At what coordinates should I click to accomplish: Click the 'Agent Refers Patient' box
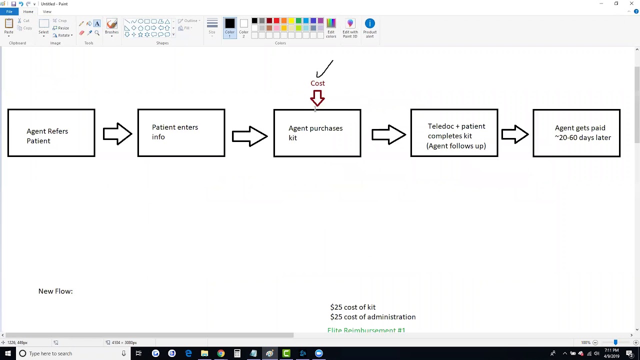(x=51, y=133)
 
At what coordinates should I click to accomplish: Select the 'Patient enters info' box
(x=181, y=133)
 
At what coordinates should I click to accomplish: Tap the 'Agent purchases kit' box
(x=317, y=133)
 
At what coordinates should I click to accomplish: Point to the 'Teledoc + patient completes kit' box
(x=454, y=133)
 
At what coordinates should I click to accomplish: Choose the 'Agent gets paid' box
(x=576, y=133)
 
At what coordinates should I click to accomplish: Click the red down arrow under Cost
(x=317, y=98)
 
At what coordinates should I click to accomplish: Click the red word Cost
(x=317, y=83)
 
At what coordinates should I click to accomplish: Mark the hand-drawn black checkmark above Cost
(x=324, y=69)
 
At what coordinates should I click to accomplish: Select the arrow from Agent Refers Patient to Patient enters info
(x=117, y=134)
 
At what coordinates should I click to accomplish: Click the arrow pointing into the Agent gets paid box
(x=515, y=134)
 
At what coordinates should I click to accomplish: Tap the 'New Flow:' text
(x=55, y=291)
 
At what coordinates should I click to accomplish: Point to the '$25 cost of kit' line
(x=352, y=307)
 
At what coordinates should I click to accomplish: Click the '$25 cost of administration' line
(x=372, y=317)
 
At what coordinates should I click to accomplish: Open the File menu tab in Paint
(x=9, y=11)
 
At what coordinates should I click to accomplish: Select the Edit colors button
(x=331, y=27)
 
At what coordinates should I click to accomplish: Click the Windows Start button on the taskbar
(x=7, y=353)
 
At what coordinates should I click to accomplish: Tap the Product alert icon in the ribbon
(x=369, y=27)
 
